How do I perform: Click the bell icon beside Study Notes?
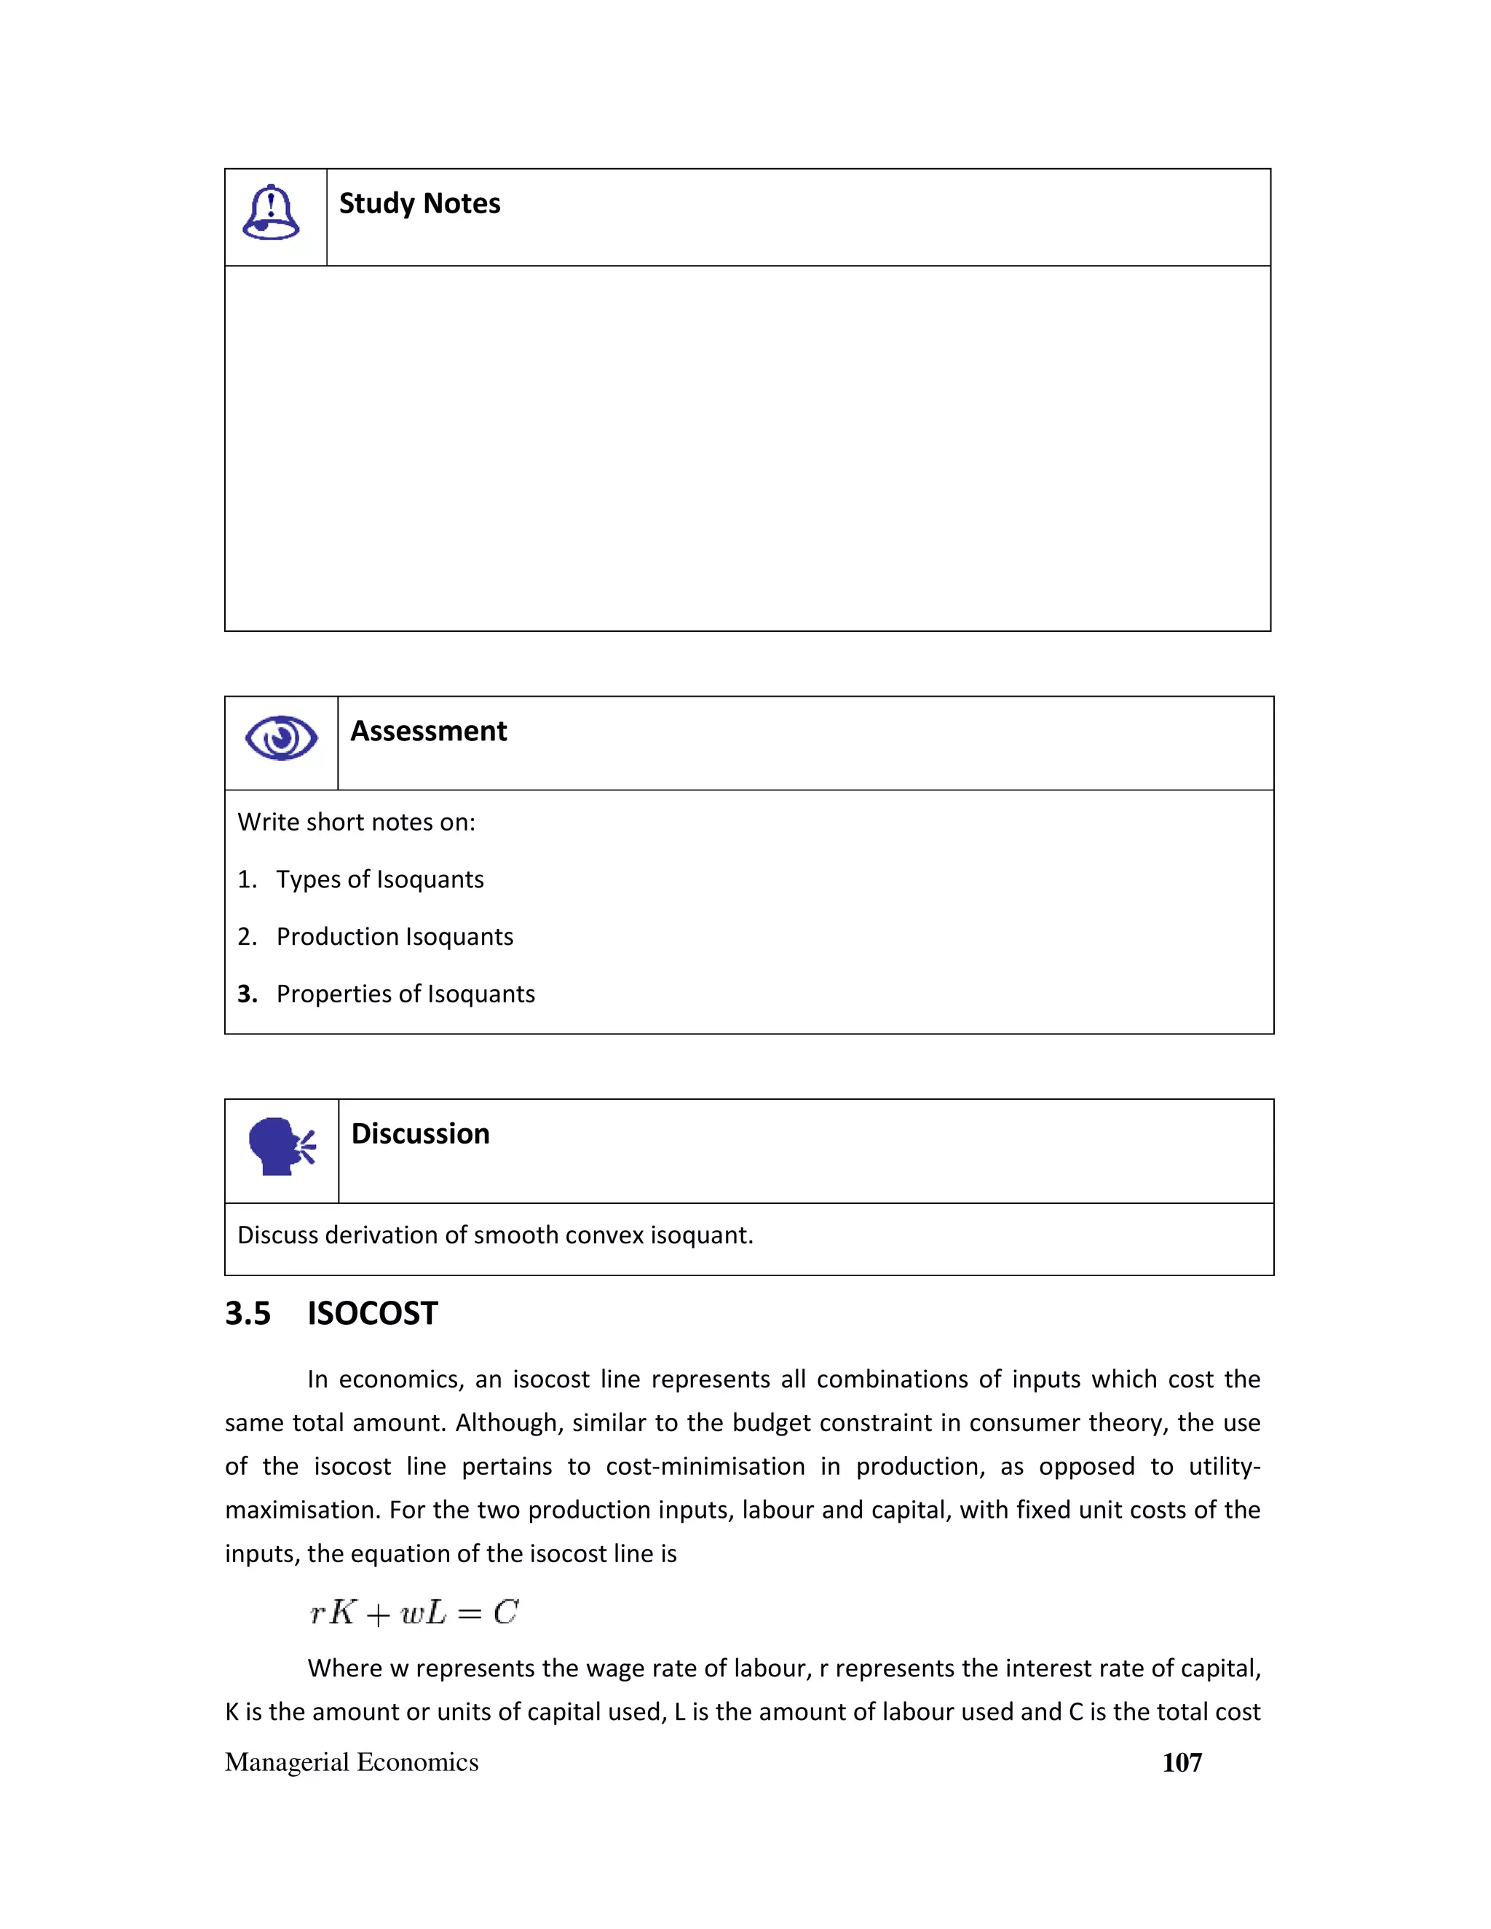270,213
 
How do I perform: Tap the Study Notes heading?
419,204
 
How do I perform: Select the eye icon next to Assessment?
281,737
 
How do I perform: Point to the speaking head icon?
282,1146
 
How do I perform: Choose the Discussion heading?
421,1134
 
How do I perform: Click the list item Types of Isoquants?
380,880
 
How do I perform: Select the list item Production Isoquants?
395,937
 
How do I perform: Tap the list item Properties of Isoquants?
406,994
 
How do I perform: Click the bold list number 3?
247,994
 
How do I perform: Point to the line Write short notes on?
356,823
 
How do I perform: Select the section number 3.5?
248,1314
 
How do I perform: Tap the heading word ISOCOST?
372,1314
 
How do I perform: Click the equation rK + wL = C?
414,1613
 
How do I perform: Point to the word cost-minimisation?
705,1467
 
